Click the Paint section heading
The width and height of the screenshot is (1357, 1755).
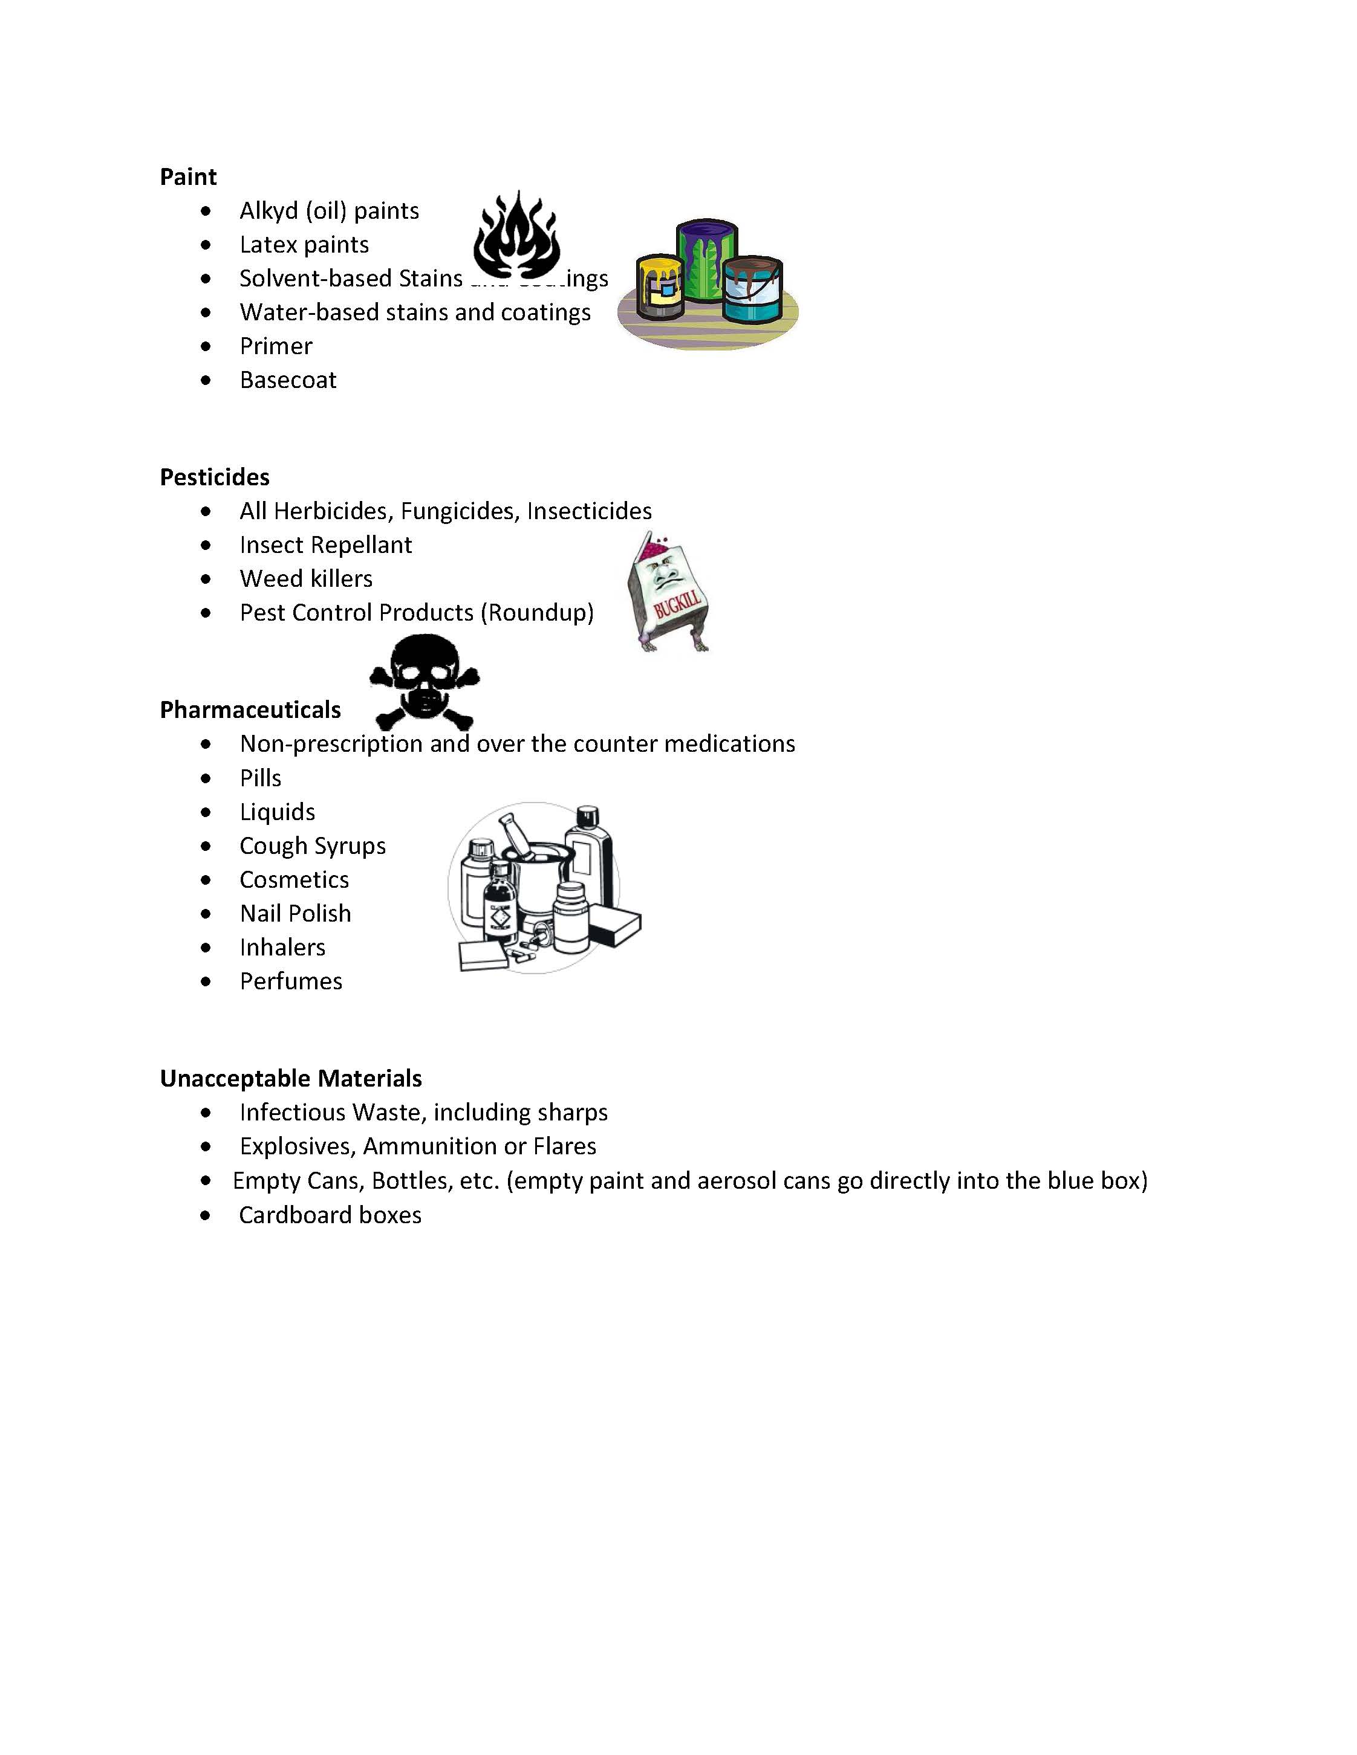188,177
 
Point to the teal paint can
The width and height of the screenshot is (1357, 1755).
751,290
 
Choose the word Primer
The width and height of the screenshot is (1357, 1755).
276,346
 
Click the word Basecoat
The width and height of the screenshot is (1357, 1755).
288,380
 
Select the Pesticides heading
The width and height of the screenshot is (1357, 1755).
215,477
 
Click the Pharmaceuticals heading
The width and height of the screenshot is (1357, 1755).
250,710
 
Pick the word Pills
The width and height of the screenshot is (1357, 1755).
261,778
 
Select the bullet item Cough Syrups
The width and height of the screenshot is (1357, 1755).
313,846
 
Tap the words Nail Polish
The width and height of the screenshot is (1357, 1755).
295,914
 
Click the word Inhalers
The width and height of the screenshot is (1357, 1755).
282,948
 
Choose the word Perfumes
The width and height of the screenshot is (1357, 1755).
291,981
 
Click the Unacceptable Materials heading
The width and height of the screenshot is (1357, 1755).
291,1078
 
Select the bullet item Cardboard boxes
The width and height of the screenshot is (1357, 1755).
330,1215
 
